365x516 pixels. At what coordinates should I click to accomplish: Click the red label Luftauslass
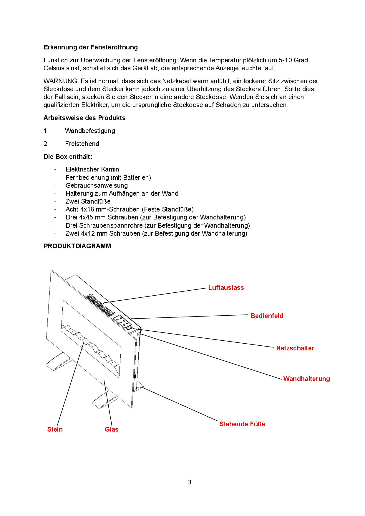[x=226, y=287]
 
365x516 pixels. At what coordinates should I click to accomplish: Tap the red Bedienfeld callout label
[x=267, y=316]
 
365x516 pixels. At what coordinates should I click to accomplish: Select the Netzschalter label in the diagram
[x=295, y=348]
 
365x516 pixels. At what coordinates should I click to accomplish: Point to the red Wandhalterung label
[x=306, y=379]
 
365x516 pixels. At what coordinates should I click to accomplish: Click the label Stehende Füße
[x=242, y=424]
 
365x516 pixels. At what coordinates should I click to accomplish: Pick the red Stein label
[x=55, y=429]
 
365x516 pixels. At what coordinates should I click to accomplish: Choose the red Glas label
[x=112, y=429]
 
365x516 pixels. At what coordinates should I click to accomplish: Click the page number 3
[x=190, y=482]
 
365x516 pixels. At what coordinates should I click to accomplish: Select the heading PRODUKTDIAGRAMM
[x=77, y=246]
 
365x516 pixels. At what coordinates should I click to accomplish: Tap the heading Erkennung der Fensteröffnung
[x=91, y=47]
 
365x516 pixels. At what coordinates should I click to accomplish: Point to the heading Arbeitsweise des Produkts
[x=84, y=118]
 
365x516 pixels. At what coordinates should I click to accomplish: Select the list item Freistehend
[x=82, y=144]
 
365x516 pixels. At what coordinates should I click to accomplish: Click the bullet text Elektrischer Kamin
[x=92, y=169]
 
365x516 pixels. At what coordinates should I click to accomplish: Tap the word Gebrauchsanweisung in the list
[x=97, y=185]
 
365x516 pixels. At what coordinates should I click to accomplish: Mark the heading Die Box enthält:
[x=68, y=157]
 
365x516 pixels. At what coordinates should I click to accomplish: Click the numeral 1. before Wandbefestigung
[x=46, y=131]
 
